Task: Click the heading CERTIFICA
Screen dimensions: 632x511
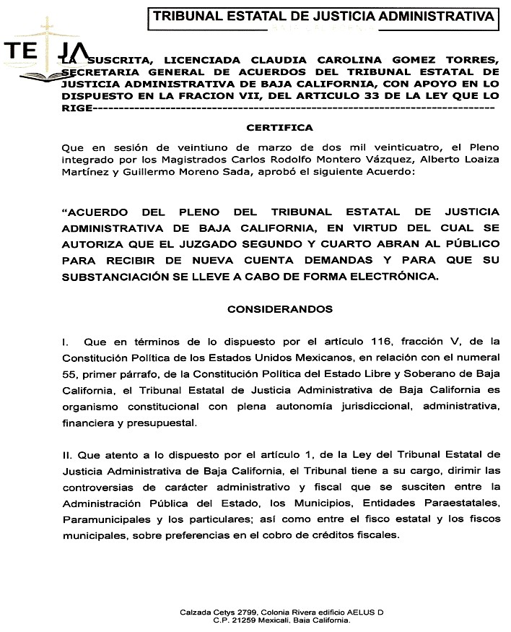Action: (279, 128)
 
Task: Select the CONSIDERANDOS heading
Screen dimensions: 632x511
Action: (279, 309)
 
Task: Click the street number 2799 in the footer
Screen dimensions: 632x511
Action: (253, 612)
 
